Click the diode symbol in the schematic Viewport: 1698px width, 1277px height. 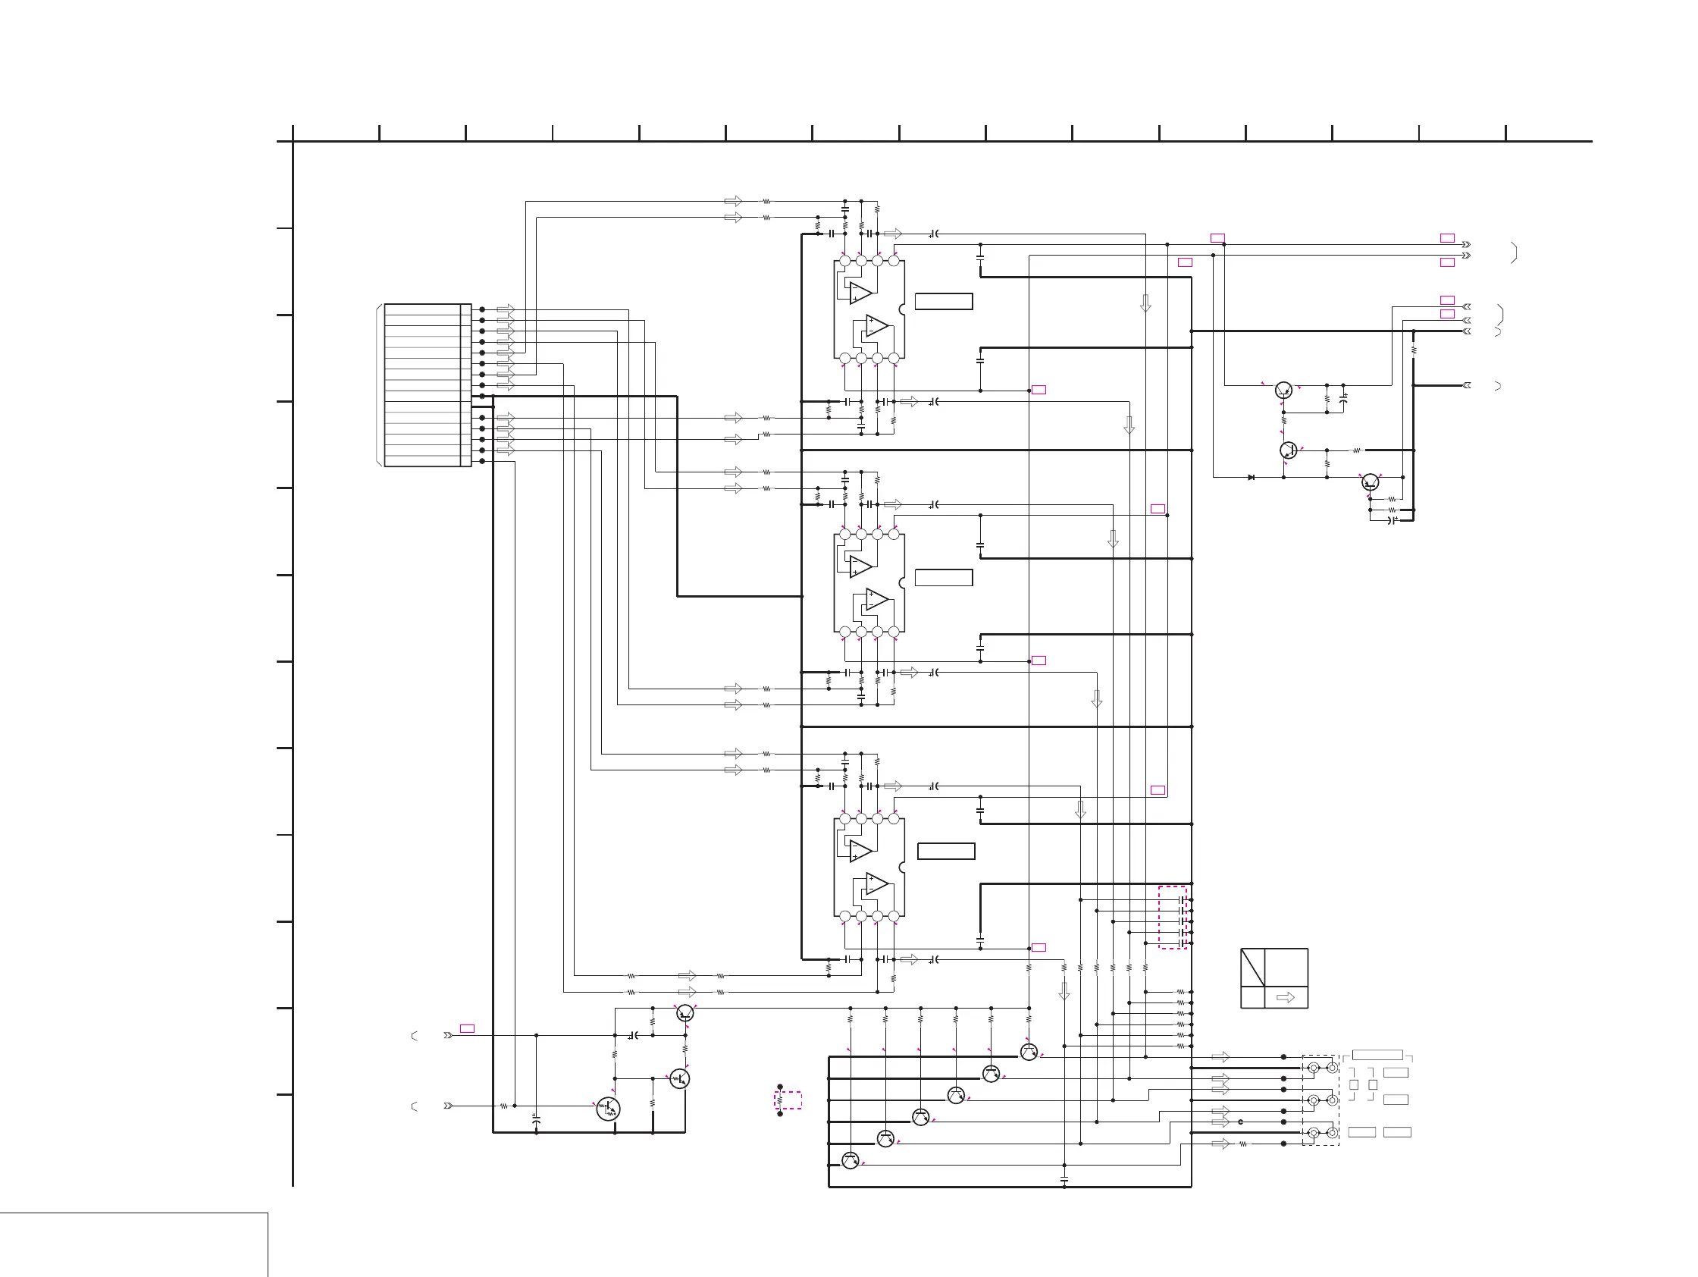tap(1252, 478)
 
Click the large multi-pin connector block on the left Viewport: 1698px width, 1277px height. tap(427, 384)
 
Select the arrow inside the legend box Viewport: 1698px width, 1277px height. tap(1285, 997)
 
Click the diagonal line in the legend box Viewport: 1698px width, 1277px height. tap(1253, 968)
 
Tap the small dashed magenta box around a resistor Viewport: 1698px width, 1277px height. tap(788, 1100)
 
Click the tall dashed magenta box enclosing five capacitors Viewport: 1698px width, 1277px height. tap(1172, 917)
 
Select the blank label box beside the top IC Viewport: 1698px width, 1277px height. tap(944, 301)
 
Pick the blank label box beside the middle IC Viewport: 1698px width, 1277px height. tap(944, 577)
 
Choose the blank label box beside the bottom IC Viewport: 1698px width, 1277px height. tap(946, 851)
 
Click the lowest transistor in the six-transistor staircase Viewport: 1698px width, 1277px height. tap(850, 1160)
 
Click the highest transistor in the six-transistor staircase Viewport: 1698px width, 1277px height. tap(1029, 1052)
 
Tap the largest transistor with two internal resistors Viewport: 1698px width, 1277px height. tap(608, 1108)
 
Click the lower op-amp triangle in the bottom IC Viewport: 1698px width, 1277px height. tap(876, 884)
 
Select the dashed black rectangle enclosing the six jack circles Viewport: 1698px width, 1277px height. tap(1320, 1100)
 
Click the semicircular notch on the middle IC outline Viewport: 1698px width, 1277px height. tap(902, 583)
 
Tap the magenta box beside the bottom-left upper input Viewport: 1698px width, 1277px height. tap(467, 1028)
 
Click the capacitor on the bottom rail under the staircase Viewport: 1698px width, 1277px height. tap(1064, 1177)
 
